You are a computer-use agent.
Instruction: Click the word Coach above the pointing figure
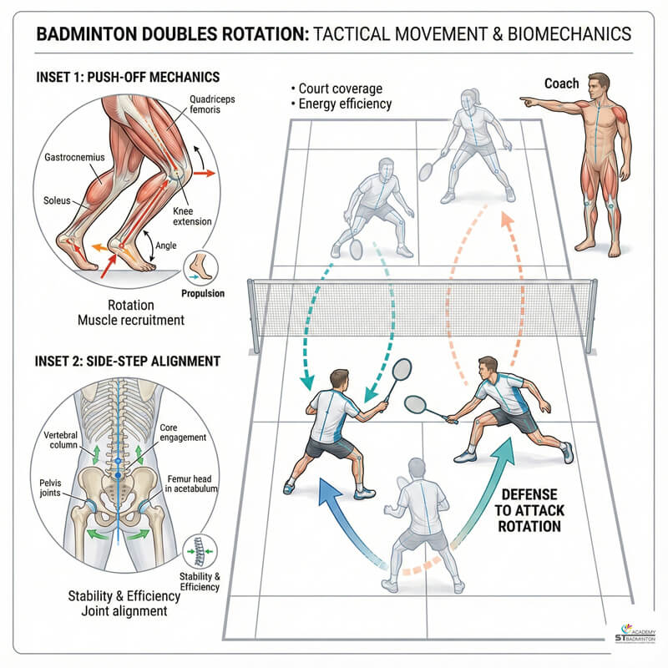(562, 83)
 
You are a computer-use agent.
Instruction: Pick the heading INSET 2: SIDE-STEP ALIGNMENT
(128, 362)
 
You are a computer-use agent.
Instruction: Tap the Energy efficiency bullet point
(342, 104)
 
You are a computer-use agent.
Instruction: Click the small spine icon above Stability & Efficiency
(200, 551)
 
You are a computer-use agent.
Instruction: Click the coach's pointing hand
(525, 100)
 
